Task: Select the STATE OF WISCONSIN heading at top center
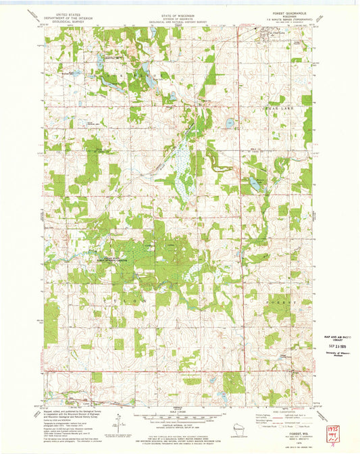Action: (177, 14)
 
